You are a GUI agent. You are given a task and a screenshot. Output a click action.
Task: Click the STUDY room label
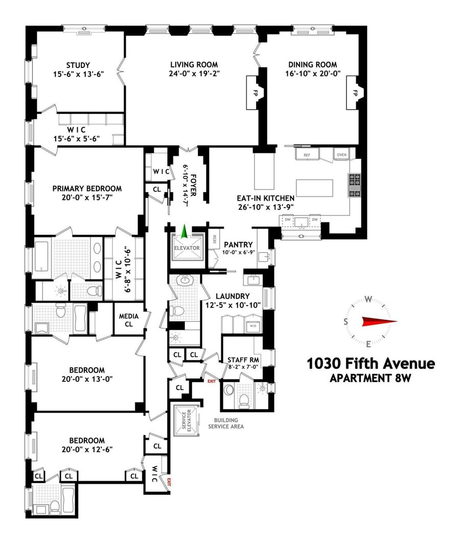tap(78, 65)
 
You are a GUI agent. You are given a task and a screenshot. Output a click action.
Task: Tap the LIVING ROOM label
tap(194, 64)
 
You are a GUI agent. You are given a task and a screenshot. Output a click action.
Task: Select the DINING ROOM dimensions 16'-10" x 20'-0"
tap(313, 74)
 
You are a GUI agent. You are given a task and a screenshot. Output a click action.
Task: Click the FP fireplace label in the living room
tap(256, 93)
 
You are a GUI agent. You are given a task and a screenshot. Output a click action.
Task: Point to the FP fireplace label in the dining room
tap(355, 93)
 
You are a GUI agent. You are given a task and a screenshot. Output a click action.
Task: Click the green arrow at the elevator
tap(185, 231)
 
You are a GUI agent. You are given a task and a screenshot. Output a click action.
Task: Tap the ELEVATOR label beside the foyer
tap(187, 248)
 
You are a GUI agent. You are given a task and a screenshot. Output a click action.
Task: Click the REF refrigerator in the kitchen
tap(307, 155)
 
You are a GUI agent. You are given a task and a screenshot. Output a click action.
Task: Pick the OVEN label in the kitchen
tap(341, 155)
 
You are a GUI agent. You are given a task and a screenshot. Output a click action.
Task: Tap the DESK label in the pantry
tap(215, 239)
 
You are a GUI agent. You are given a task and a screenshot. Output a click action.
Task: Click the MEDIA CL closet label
tap(129, 320)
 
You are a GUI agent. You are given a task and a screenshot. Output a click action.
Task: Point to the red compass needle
tap(379, 322)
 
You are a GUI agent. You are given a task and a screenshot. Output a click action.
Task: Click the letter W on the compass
tap(369, 299)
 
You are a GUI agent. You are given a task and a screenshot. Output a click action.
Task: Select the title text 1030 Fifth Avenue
tap(371, 364)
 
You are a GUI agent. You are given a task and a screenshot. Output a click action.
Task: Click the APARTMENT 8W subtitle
tap(371, 378)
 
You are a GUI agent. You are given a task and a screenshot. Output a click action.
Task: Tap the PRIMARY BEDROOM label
tap(87, 189)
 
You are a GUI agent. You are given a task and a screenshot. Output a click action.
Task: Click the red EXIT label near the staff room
tap(211, 381)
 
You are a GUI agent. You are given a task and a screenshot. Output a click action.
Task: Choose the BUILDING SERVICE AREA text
tap(226, 423)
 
